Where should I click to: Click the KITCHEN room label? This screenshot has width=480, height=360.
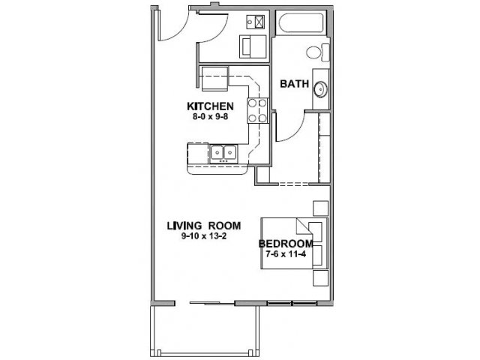[210, 106]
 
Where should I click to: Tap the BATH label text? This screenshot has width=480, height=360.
[295, 84]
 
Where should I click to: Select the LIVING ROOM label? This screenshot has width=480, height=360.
[204, 226]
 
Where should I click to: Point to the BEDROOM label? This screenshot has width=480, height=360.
[286, 244]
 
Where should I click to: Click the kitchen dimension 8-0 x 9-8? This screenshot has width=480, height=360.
[211, 117]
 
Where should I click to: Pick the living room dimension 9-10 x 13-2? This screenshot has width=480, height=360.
[204, 236]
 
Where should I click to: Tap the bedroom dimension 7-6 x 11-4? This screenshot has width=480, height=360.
[286, 253]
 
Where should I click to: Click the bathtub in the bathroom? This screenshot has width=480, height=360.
[300, 23]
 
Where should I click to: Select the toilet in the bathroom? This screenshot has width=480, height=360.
[317, 52]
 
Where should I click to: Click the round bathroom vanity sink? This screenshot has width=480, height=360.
[320, 89]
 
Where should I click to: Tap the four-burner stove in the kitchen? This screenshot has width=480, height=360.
[258, 110]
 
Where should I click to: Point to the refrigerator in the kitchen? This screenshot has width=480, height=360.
[214, 79]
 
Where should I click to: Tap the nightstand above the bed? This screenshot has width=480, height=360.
[320, 208]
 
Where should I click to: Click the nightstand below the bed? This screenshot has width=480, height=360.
[320, 278]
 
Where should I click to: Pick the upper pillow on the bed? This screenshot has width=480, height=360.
[316, 232]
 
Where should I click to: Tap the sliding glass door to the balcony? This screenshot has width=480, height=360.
[212, 303]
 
